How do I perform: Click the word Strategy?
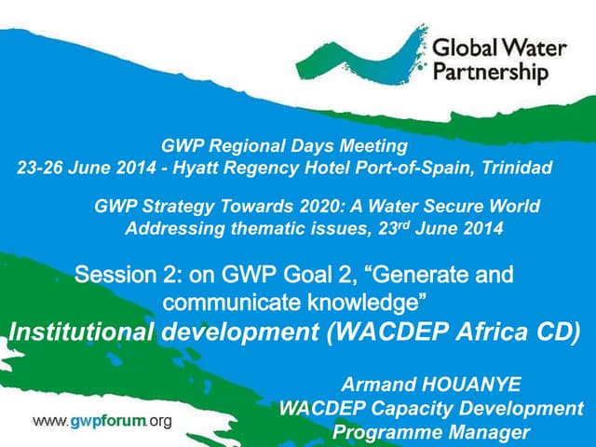coord(171,206)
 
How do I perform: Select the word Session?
coord(111,276)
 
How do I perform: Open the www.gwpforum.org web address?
coord(103,421)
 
